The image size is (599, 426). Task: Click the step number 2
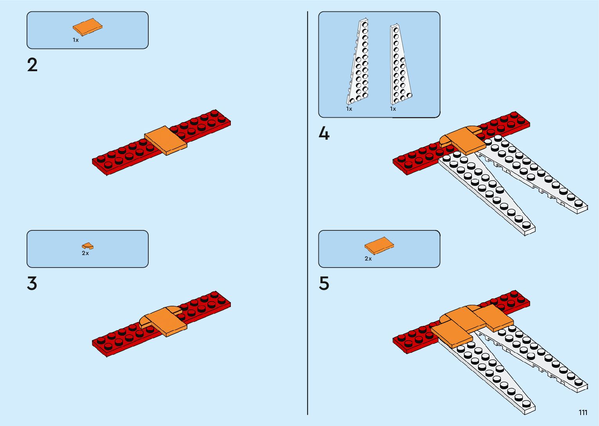tap(32, 65)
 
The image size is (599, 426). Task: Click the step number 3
tap(32, 284)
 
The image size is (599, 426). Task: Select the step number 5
tap(324, 284)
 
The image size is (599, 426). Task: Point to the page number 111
tap(583, 412)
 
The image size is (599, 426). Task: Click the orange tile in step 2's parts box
tap(88, 27)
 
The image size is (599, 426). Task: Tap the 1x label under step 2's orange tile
tap(76, 40)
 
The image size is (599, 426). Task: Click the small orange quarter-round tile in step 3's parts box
tap(88, 246)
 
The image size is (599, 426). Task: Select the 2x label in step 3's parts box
tap(85, 253)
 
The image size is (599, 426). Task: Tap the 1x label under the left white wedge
tap(349, 109)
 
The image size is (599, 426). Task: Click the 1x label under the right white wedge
tap(393, 109)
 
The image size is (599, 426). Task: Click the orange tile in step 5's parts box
tap(379, 246)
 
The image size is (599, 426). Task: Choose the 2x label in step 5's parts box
tap(368, 259)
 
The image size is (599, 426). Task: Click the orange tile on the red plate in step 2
tap(166, 140)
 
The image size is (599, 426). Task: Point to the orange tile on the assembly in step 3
tap(166, 322)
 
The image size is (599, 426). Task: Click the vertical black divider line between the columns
tap(308, 213)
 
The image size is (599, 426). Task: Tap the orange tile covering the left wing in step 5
tap(452, 334)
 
